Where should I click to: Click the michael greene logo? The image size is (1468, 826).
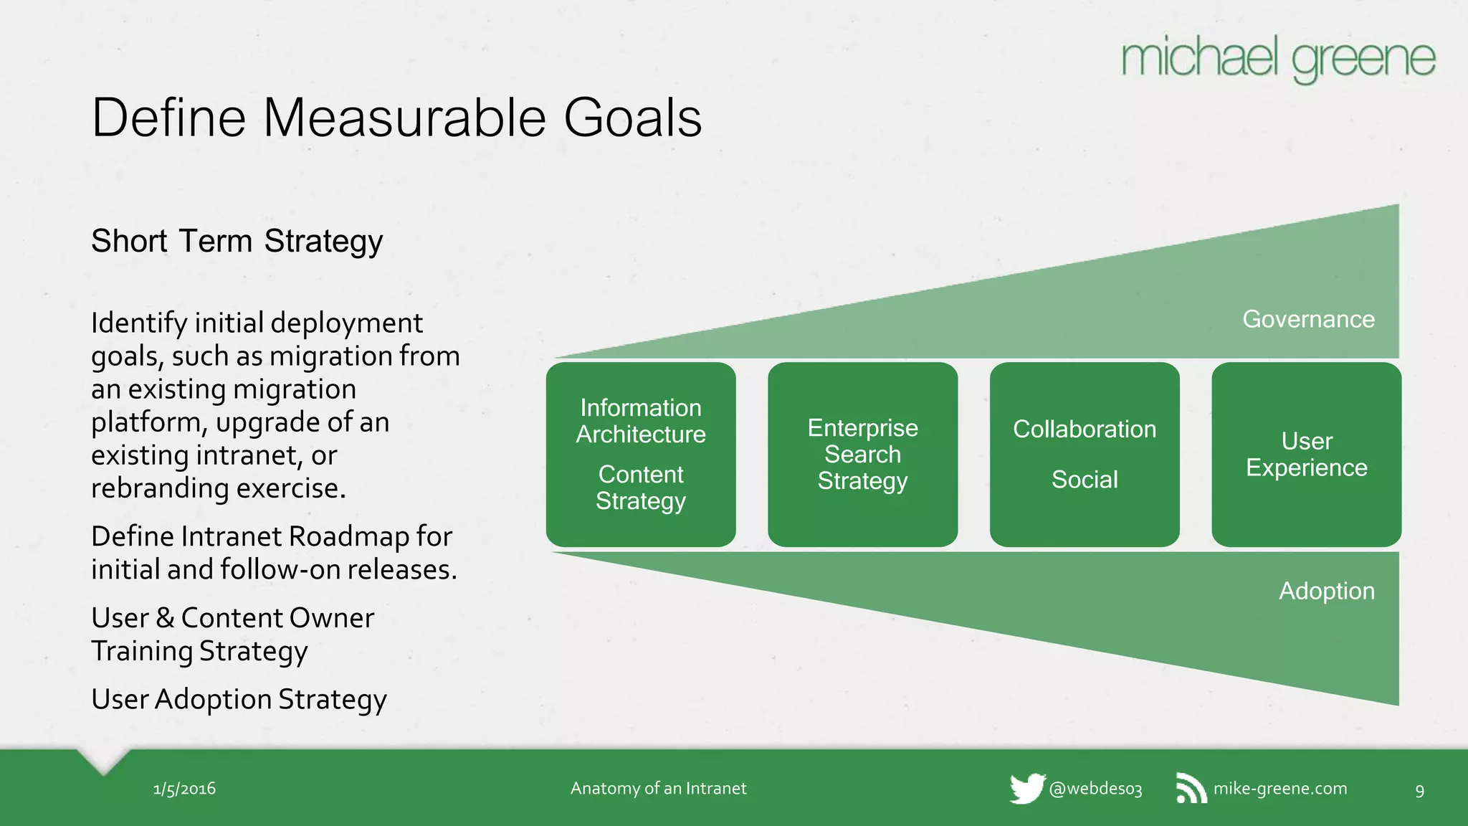(1278, 59)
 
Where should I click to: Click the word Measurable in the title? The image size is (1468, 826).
(411, 118)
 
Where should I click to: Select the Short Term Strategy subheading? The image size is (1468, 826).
(237, 241)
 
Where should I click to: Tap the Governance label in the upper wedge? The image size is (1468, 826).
(1308, 319)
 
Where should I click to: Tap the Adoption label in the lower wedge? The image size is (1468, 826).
(1326, 591)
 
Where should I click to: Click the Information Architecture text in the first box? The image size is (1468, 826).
(641, 421)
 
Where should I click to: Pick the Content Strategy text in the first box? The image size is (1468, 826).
(641, 488)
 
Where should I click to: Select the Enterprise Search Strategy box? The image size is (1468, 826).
(862, 454)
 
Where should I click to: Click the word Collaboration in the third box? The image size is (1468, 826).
(1084, 429)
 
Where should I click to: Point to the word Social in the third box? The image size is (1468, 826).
(1084, 479)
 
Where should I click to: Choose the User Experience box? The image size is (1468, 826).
(1306, 454)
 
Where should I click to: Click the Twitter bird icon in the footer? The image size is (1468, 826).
(1026, 789)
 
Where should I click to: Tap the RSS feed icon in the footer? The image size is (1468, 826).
(1191, 788)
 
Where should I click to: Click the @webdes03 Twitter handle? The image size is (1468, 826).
(1095, 789)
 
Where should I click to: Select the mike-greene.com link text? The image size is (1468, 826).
(1279, 788)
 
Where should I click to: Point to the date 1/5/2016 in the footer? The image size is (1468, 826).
(184, 789)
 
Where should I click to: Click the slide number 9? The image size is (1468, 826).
(1419, 791)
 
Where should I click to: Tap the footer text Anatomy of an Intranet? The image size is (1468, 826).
(658, 788)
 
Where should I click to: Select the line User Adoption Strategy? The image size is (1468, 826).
(239, 699)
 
